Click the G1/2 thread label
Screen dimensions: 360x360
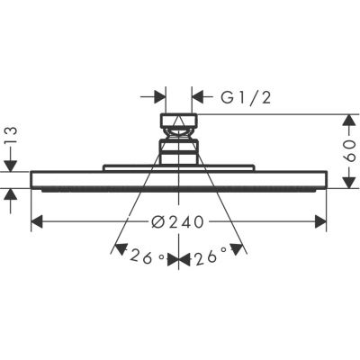click(x=246, y=98)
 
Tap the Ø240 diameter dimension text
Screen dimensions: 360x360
click(x=177, y=222)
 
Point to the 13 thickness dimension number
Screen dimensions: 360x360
click(x=11, y=136)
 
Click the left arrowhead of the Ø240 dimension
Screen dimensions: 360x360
click(x=37, y=221)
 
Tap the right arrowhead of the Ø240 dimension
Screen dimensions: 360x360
click(x=320, y=221)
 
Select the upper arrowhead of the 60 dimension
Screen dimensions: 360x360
click(x=349, y=120)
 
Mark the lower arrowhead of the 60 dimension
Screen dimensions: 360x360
click(x=349, y=183)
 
